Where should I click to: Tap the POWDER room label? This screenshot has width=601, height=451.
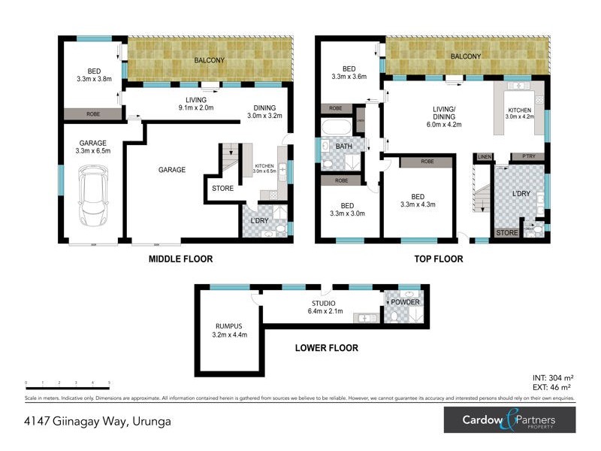tap(406, 302)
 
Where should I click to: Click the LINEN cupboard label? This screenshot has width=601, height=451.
tap(484, 156)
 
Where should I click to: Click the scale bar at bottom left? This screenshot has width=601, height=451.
tap(68, 384)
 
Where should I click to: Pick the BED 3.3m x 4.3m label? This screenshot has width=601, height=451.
tap(418, 200)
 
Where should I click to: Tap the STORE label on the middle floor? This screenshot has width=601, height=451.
tap(222, 189)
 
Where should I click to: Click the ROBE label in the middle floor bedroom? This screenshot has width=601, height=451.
tap(93, 114)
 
